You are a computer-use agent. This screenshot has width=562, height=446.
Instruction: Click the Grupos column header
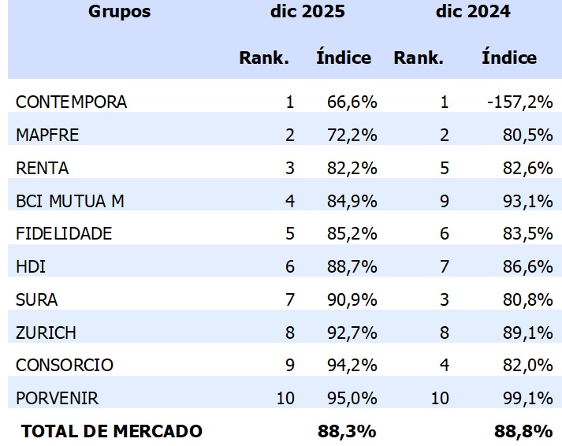pyautogui.click(x=119, y=12)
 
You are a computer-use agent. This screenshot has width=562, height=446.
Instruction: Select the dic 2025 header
pyautogui.click(x=307, y=12)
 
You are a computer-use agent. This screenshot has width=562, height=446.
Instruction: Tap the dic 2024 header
pyautogui.click(x=473, y=12)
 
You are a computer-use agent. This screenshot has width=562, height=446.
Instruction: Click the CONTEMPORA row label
pyautogui.click(x=71, y=102)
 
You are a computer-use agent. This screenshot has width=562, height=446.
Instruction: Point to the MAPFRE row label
pyautogui.click(x=47, y=136)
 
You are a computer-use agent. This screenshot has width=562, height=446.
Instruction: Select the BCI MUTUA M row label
pyautogui.click(x=70, y=201)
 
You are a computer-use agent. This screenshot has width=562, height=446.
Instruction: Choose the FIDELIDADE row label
pyautogui.click(x=64, y=234)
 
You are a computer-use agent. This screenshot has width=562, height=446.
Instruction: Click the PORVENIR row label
pyautogui.click(x=58, y=399)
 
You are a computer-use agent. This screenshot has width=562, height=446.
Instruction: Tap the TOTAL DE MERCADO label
pyautogui.click(x=112, y=432)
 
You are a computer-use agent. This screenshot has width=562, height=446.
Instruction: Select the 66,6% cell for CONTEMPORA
pyautogui.click(x=352, y=102)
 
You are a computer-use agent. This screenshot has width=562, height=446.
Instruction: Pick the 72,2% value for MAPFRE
pyautogui.click(x=352, y=136)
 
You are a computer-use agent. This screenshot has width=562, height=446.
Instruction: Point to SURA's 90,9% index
pyautogui.click(x=352, y=300)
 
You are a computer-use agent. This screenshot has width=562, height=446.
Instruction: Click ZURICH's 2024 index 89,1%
pyautogui.click(x=527, y=333)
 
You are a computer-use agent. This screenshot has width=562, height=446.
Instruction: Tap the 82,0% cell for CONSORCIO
pyautogui.click(x=527, y=366)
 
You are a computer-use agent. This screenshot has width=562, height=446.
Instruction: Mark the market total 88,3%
pyautogui.click(x=348, y=432)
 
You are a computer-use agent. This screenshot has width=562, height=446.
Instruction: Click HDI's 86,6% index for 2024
pyautogui.click(x=527, y=267)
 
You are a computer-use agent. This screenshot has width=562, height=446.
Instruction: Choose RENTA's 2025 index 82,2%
pyautogui.click(x=352, y=168)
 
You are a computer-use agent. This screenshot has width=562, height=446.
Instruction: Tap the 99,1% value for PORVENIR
pyautogui.click(x=527, y=399)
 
